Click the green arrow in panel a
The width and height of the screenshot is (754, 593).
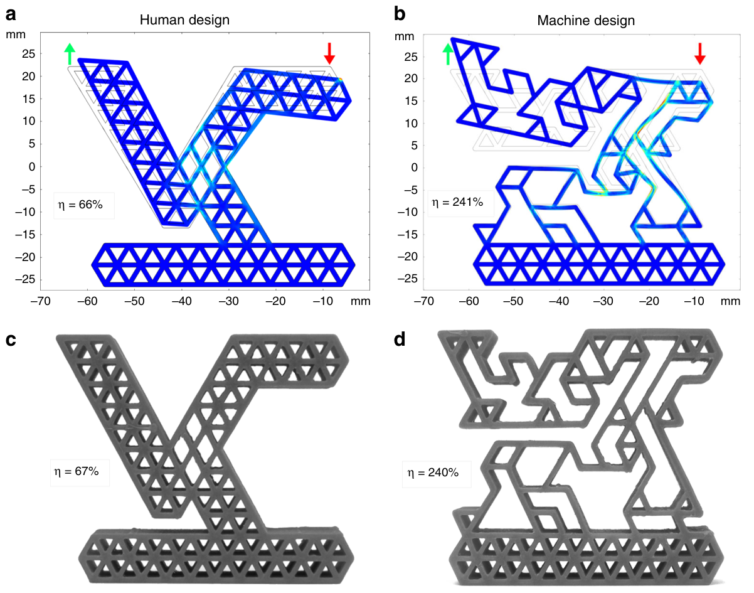coord(70,53)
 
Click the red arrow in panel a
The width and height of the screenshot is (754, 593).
coord(330,53)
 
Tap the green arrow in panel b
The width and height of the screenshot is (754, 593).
coord(447,53)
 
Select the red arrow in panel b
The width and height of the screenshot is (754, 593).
coord(700,53)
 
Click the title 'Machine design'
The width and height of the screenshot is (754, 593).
coord(586,20)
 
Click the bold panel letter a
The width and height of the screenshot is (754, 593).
coord(10,11)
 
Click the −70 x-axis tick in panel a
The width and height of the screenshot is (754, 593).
coord(42,302)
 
